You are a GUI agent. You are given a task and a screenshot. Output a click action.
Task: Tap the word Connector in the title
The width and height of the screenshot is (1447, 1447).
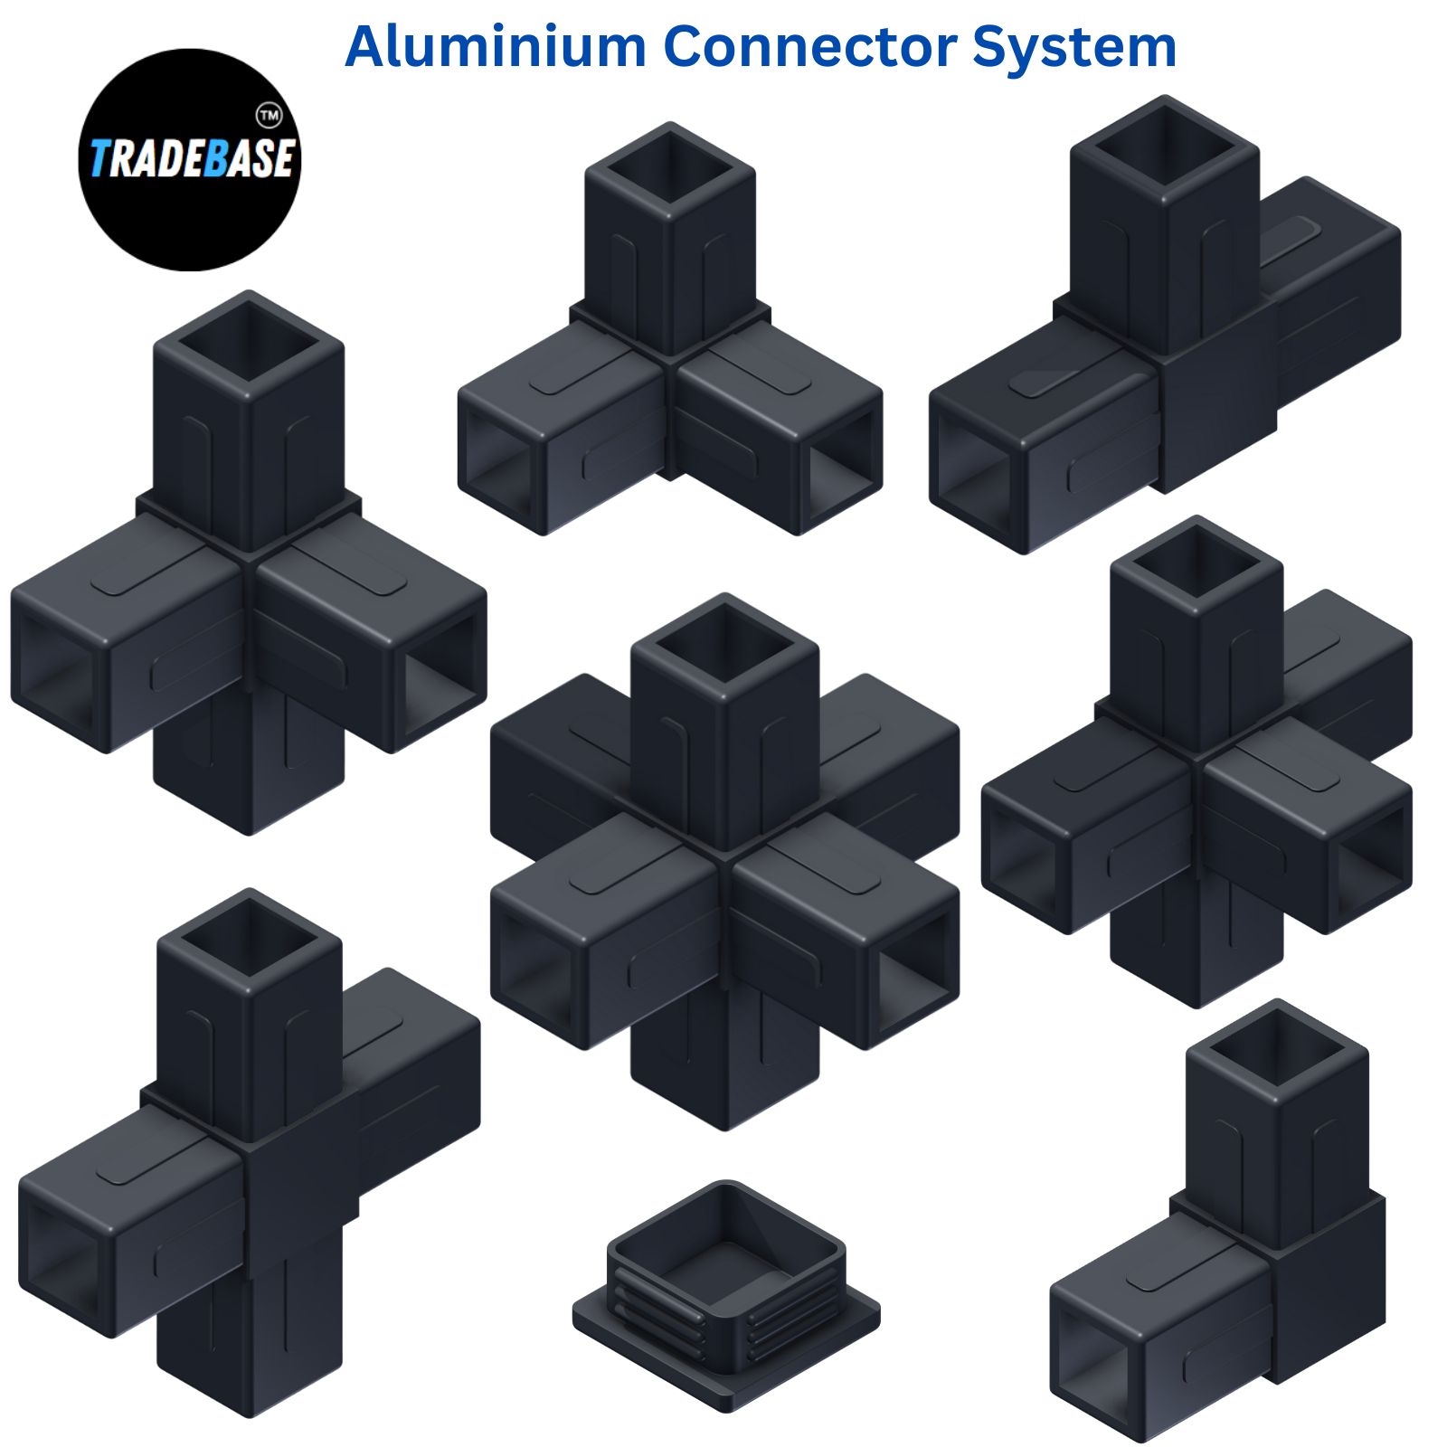809,46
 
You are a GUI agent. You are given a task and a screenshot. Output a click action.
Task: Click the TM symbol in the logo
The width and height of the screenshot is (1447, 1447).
270,116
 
